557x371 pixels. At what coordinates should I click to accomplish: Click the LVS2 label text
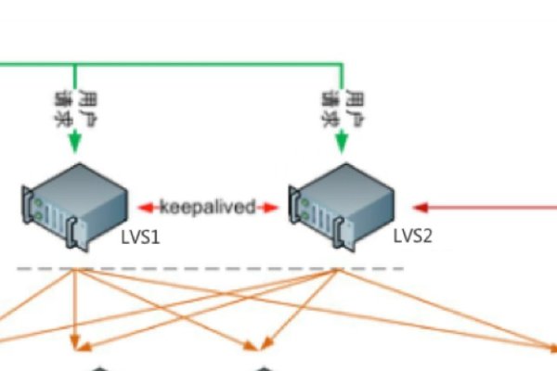tap(412, 236)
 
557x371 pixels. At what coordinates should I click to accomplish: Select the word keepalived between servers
tap(207, 207)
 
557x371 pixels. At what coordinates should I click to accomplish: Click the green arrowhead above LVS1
tap(75, 143)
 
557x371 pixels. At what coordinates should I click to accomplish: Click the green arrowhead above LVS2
tap(343, 143)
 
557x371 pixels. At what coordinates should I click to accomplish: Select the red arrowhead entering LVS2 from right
tap(419, 207)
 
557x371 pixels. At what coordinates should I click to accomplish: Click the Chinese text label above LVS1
tap(75, 109)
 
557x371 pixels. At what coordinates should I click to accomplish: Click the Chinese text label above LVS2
tap(343, 109)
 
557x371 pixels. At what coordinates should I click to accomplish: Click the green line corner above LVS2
tap(343, 65)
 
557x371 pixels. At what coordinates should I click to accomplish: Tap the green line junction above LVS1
tap(75, 65)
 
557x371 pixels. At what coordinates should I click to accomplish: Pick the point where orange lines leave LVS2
tap(336, 270)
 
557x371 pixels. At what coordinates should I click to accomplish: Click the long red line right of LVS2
tap(492, 207)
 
